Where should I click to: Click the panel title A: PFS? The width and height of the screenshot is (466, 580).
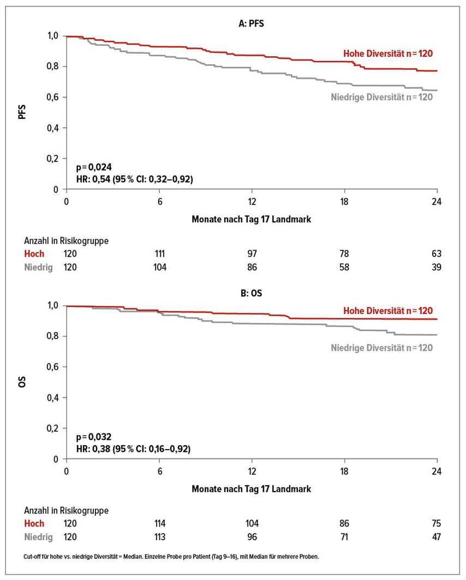point(252,23)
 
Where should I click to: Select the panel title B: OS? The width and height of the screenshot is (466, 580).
point(252,293)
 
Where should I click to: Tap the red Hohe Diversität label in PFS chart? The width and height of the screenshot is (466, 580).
point(388,53)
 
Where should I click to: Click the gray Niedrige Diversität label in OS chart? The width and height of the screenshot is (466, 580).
point(381,348)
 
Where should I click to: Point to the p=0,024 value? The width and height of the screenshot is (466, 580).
point(94,167)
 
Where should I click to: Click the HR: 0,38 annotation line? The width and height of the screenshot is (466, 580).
point(133,449)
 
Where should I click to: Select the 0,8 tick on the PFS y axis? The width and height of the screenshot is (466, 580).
point(52,67)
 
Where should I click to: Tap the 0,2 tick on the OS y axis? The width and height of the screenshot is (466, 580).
point(52,428)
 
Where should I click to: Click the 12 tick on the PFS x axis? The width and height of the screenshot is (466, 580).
point(252,202)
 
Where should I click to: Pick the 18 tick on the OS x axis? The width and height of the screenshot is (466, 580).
point(344,472)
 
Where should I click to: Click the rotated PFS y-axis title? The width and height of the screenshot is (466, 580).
point(22,112)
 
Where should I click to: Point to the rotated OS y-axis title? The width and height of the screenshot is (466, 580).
point(22,382)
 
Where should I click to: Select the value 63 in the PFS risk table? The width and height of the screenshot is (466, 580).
point(437,254)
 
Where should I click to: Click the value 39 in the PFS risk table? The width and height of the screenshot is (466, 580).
point(437,267)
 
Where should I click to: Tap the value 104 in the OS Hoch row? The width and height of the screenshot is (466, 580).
point(252,523)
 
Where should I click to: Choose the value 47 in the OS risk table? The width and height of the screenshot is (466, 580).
point(437,537)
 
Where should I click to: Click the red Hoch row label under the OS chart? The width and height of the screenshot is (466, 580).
point(34,523)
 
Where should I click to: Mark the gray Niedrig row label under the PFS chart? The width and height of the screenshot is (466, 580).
point(39,268)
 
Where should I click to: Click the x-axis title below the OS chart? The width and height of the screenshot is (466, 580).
point(252,489)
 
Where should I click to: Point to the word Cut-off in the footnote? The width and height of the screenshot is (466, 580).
point(31,557)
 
